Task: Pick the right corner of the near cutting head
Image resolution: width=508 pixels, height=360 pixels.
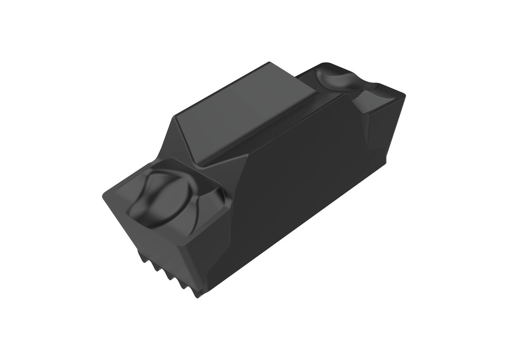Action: pos(228,211)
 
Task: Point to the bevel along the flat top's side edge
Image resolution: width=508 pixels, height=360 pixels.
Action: pos(278,129)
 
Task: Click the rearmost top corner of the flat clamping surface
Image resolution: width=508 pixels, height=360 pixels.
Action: pos(269,63)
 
